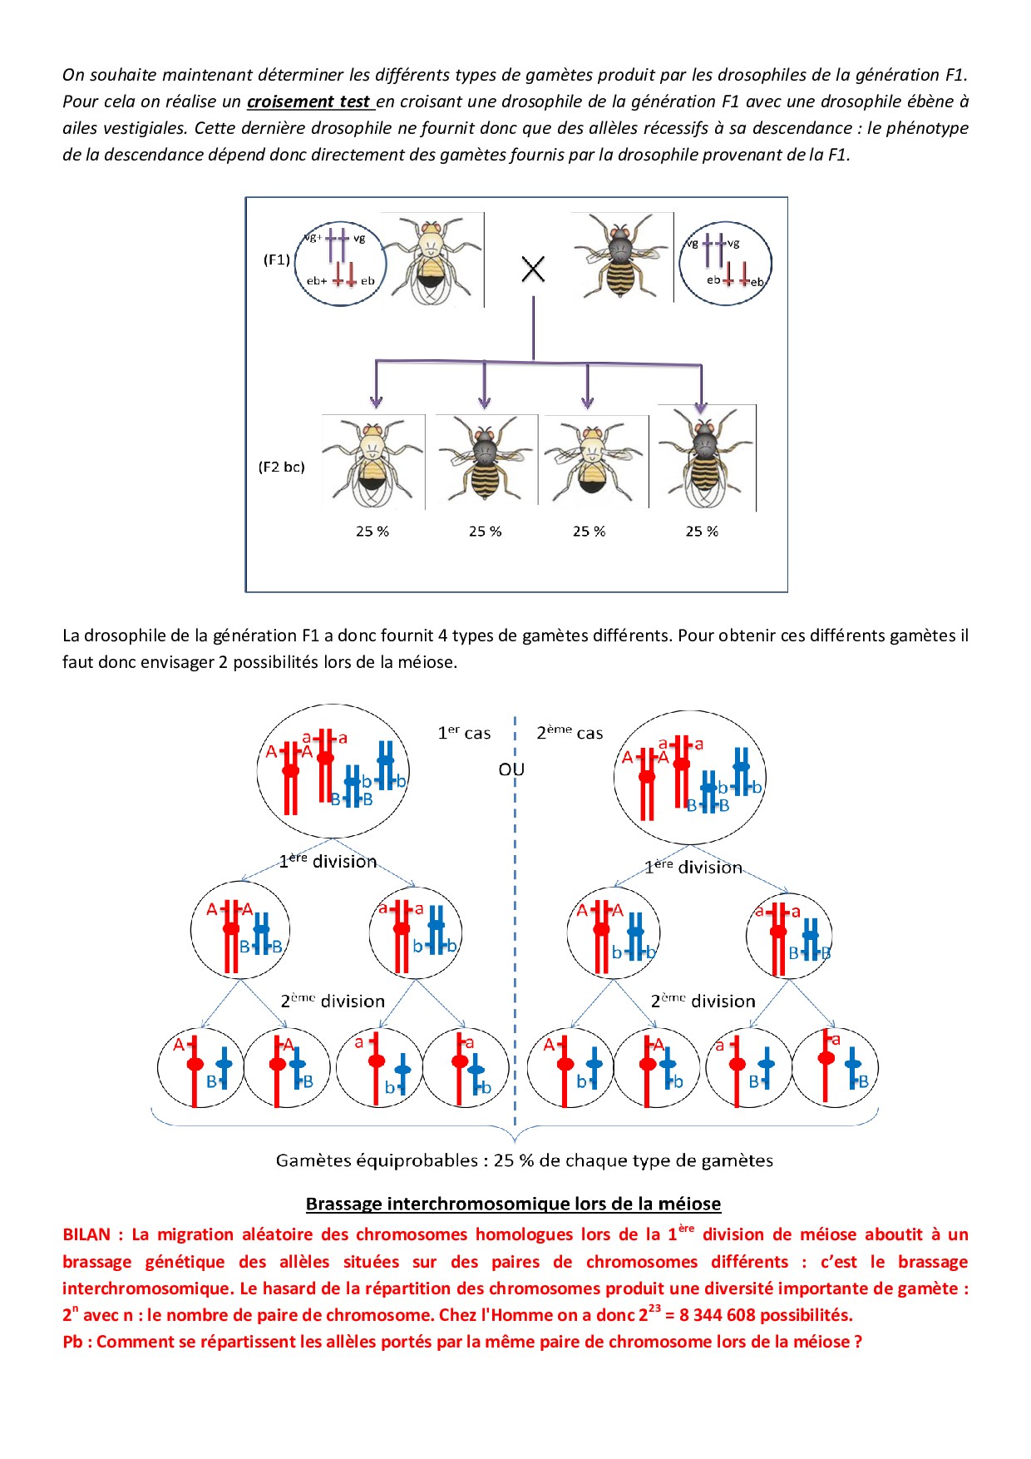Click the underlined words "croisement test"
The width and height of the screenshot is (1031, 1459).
point(308,101)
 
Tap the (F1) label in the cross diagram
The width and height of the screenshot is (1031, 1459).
point(277,260)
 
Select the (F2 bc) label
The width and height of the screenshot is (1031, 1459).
point(281,467)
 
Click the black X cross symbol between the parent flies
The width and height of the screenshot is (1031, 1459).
point(533,269)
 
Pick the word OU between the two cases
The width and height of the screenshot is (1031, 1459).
point(511,769)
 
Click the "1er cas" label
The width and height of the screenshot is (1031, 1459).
point(464,733)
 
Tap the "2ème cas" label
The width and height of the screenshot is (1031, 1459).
point(570,733)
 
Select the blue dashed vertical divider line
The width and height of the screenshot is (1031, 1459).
point(515,915)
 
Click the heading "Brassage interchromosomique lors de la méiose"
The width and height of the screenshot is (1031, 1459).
point(513,1204)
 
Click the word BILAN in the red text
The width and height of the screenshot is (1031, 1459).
point(86,1234)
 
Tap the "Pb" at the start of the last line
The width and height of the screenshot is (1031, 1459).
point(74,1342)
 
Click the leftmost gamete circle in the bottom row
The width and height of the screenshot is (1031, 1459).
point(200,1068)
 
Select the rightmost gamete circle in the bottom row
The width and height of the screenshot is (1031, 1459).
point(835,1068)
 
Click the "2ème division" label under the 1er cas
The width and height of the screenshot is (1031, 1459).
point(333,1001)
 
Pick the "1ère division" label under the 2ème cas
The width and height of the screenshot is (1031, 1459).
point(693,867)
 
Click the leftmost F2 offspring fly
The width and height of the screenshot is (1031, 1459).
point(372,462)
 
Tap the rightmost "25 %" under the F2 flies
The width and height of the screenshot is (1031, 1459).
point(702,532)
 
